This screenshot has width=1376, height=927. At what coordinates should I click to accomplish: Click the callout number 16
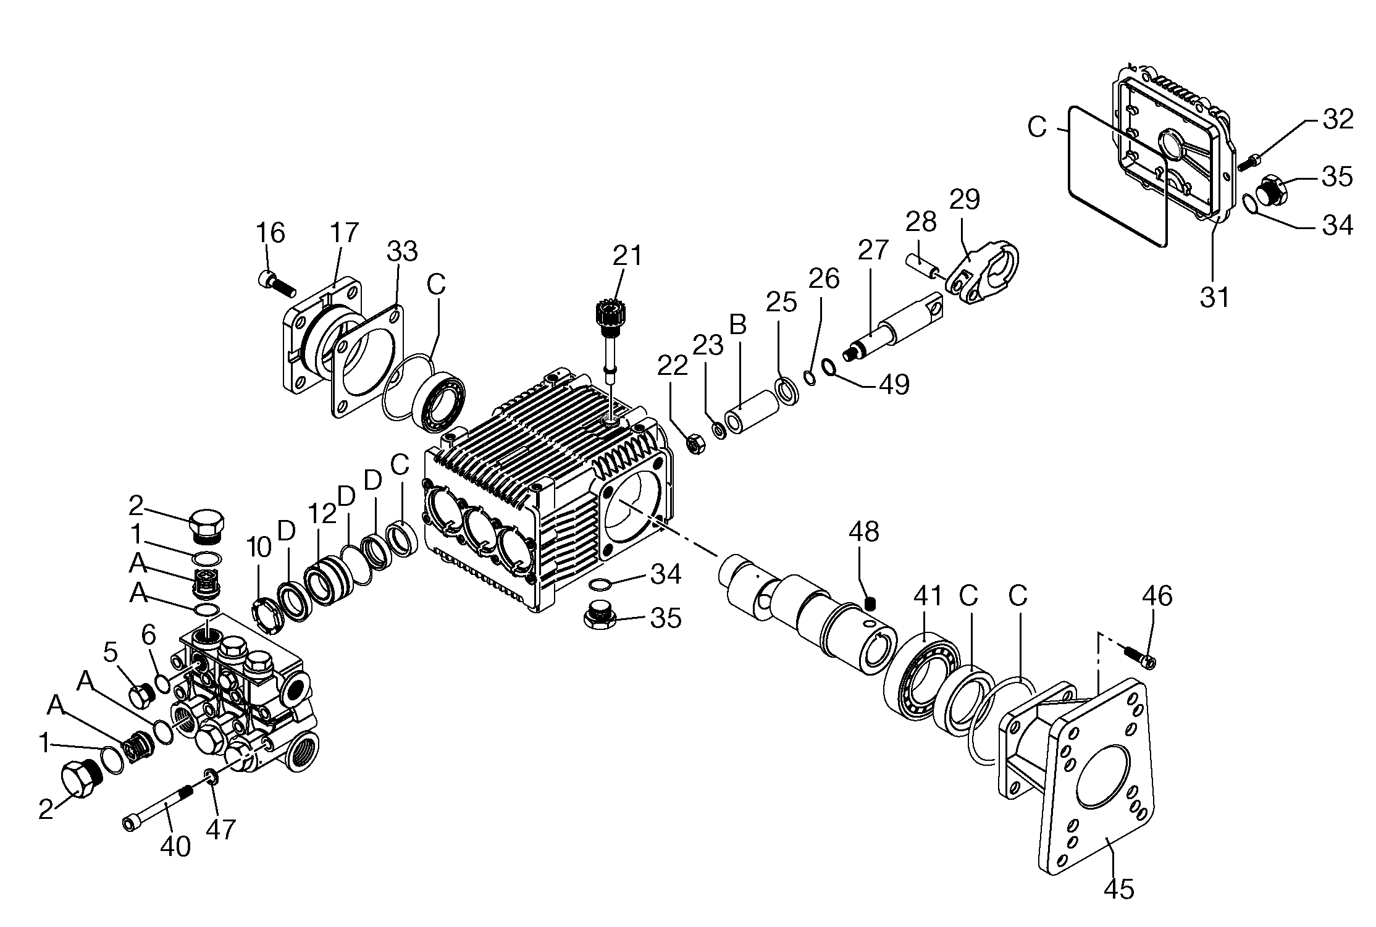pyautogui.click(x=270, y=233)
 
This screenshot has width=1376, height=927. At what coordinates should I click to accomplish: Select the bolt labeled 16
pyautogui.click(x=276, y=283)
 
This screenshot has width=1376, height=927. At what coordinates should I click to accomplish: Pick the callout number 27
pyautogui.click(x=872, y=250)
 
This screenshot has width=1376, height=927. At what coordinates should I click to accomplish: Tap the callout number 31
pyautogui.click(x=1214, y=297)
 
